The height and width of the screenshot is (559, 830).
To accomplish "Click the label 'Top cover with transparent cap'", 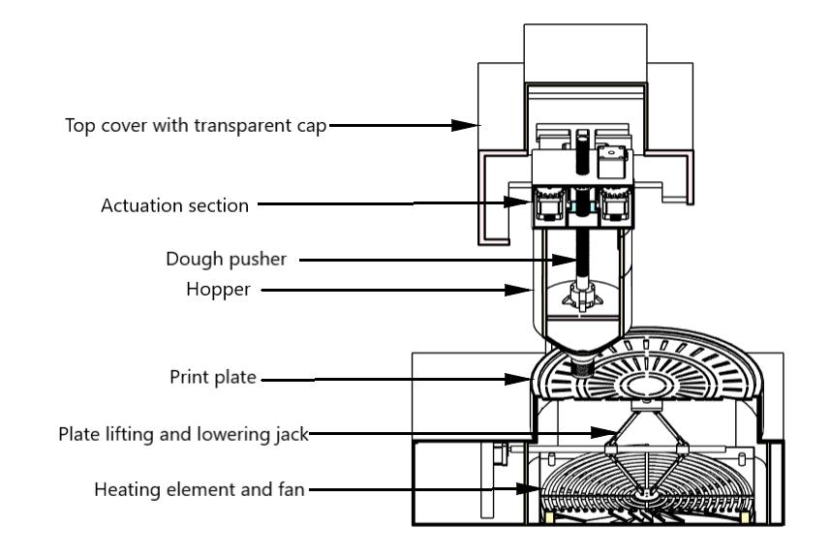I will pos(197,125).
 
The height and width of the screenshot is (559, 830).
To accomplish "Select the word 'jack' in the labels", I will pos(293,436).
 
